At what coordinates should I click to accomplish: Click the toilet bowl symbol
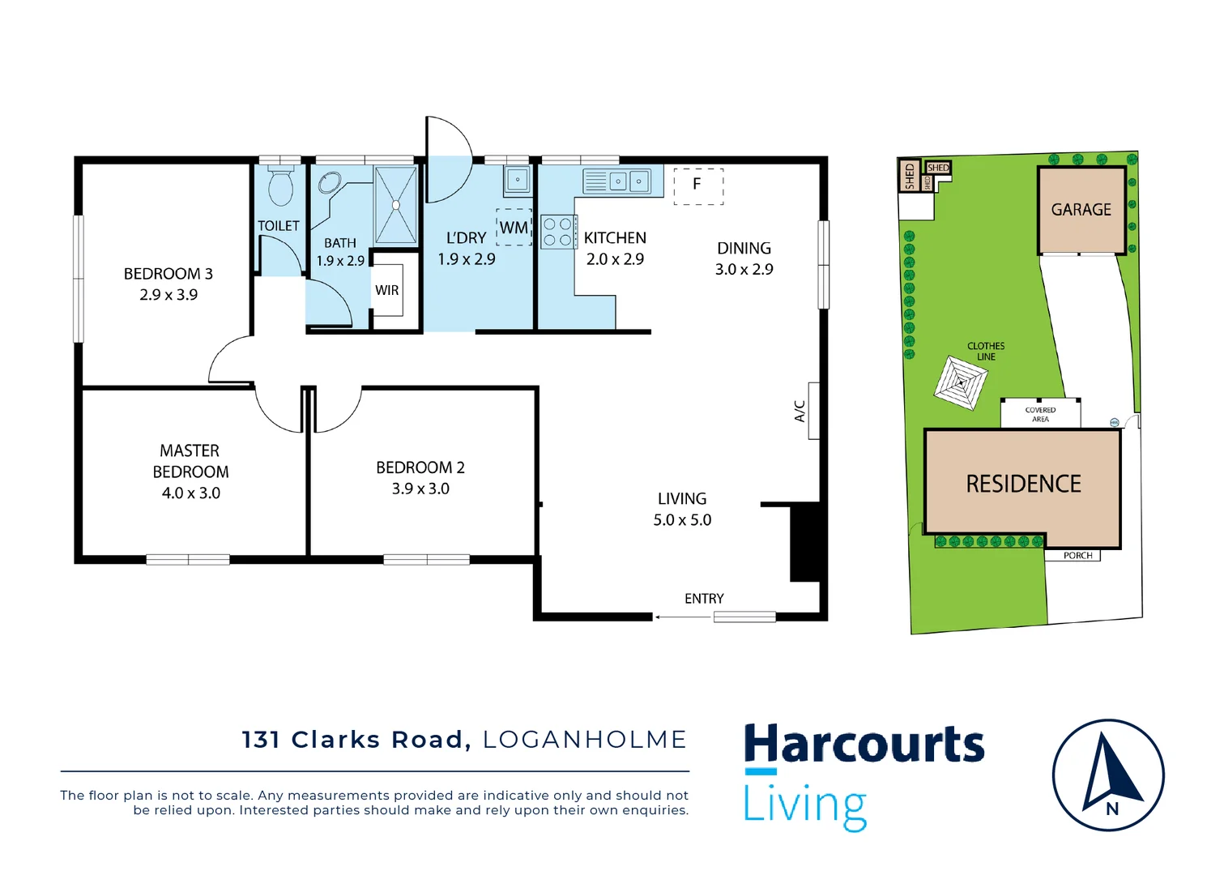(x=280, y=187)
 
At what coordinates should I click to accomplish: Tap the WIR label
(x=386, y=290)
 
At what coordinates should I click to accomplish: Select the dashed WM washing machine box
(x=514, y=227)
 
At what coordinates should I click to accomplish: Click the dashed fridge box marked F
(x=697, y=186)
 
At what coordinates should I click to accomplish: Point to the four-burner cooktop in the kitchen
(x=557, y=231)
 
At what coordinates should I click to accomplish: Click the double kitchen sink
(x=629, y=181)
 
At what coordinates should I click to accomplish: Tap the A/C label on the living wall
(x=800, y=411)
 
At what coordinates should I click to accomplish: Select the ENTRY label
(x=704, y=599)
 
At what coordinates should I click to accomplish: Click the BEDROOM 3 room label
(x=168, y=274)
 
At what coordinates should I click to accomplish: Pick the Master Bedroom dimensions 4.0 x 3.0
(x=191, y=493)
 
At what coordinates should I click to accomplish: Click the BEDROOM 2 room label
(x=420, y=467)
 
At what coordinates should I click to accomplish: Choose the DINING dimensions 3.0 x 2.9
(x=744, y=269)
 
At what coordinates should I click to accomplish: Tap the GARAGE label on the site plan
(x=1081, y=210)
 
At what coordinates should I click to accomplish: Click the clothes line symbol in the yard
(x=961, y=382)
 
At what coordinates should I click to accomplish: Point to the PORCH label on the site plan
(x=1077, y=556)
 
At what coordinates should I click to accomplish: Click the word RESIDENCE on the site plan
(x=1023, y=484)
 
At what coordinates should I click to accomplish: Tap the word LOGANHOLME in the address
(x=584, y=740)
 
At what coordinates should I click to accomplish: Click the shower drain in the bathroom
(x=395, y=205)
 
